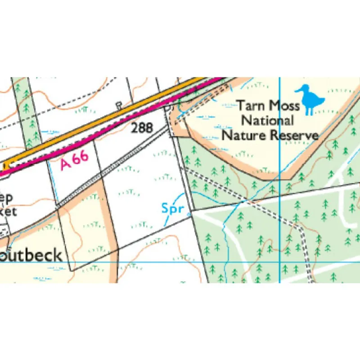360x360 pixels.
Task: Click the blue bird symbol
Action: coord(310,99)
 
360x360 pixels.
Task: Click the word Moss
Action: coord(284,106)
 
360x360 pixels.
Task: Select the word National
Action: coord(268,121)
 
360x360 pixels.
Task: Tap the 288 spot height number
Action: coord(142,128)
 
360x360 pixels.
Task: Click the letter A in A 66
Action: coord(66,165)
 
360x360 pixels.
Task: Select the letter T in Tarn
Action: coord(242,106)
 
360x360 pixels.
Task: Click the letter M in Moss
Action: coord(274,106)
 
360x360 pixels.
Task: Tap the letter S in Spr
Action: coord(165,208)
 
